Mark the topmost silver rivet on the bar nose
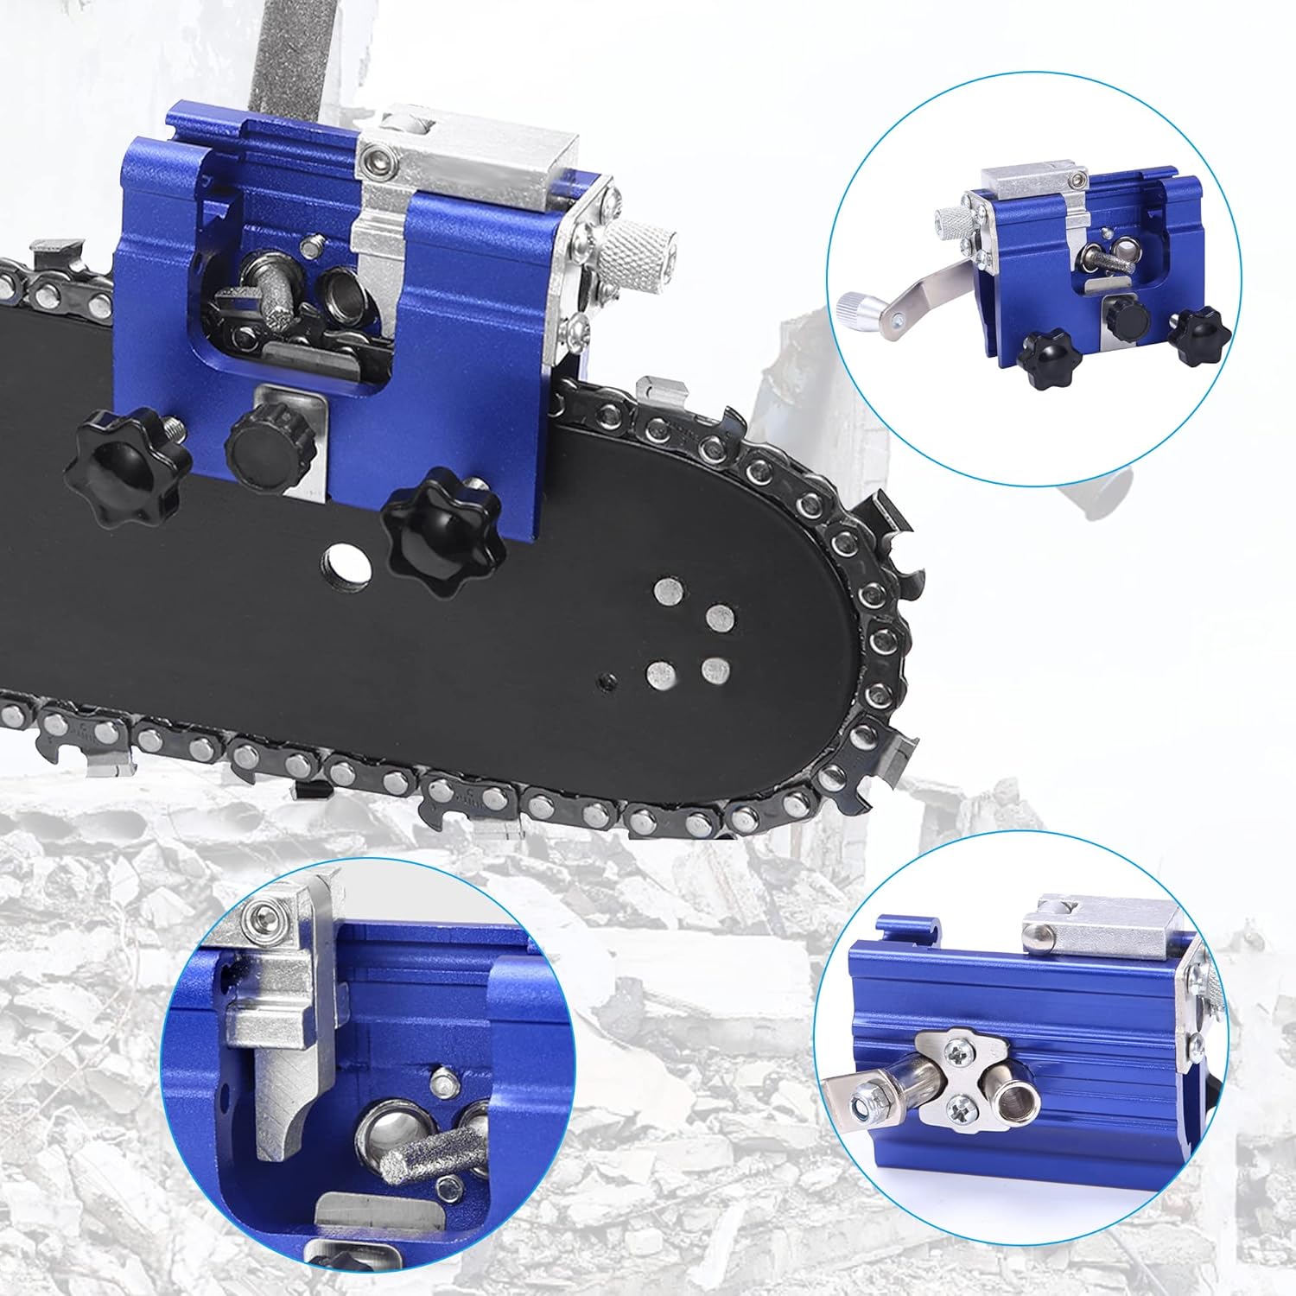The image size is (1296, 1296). (x=666, y=591)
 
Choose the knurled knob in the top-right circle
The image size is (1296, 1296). (x=954, y=223)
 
